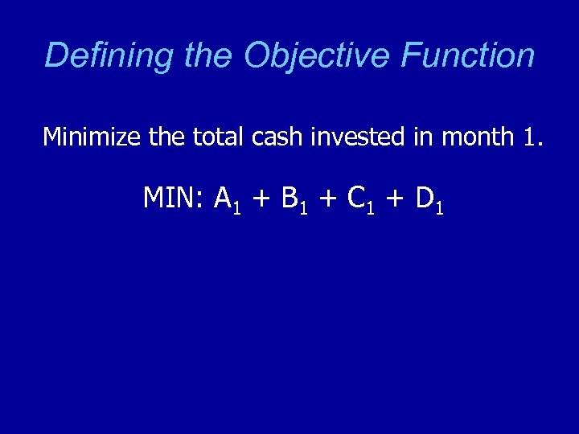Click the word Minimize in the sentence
(92, 137)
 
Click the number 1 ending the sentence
(531, 138)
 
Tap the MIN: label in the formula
(175, 198)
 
